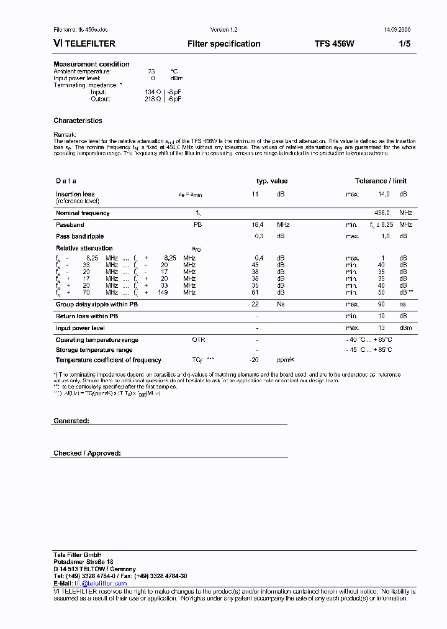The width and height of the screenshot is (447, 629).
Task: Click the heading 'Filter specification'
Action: coord(223,44)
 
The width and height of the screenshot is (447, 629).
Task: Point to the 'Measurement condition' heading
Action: coord(91,64)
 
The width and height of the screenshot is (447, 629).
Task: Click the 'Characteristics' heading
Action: coord(78,121)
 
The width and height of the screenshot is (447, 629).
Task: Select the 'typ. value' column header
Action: coord(272,181)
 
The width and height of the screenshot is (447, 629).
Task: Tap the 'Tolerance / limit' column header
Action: coord(381,181)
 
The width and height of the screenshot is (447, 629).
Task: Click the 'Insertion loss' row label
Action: coord(75,195)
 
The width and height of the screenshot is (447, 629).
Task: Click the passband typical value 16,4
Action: coord(257,224)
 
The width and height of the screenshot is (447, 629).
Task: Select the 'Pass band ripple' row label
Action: coord(79,236)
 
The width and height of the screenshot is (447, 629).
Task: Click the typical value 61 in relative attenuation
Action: coord(255,292)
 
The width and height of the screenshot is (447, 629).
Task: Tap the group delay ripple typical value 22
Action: coord(255,304)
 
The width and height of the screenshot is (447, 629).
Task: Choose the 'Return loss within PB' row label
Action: coord(88,316)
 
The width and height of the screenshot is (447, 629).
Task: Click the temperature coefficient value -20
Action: coord(253,360)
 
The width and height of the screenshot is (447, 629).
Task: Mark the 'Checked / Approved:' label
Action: coord(87,454)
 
